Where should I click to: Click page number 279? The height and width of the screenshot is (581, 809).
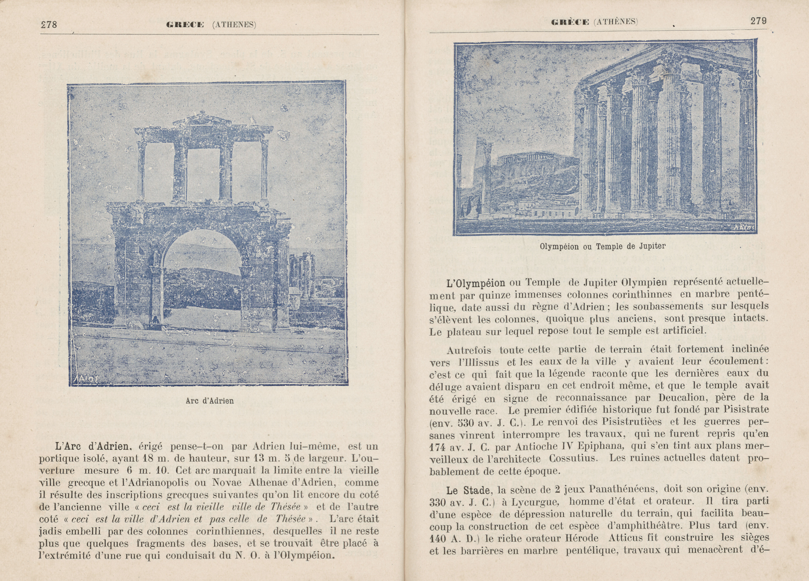[x=758, y=21]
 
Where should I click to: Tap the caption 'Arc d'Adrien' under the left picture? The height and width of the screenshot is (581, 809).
[x=210, y=401]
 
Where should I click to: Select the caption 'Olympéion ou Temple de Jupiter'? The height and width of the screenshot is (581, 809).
[x=602, y=246]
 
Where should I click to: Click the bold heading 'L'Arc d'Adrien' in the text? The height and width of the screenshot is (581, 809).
[x=92, y=446]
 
